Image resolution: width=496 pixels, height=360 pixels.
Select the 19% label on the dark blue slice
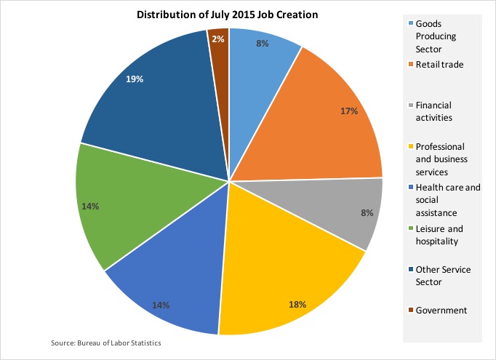click(134, 79)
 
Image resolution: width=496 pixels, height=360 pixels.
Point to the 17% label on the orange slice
click(349, 111)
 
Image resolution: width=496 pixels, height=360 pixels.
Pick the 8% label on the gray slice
click(367, 213)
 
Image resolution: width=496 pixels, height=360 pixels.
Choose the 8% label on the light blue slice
click(263, 44)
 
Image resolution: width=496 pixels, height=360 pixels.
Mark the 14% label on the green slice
click(91, 207)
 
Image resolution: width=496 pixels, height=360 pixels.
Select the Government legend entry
click(441, 310)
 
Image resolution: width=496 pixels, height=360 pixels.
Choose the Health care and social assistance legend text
click(447, 199)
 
